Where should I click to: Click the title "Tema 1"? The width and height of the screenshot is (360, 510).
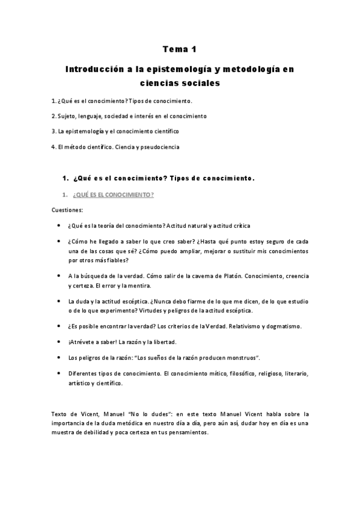tap(180, 50)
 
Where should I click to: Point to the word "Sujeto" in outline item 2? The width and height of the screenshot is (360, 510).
tap(67, 115)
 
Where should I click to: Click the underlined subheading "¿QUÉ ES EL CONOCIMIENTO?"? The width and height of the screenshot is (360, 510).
tap(113, 195)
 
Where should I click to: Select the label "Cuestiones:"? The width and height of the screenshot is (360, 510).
tap(67, 210)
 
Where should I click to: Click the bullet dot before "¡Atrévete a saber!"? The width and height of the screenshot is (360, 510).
tap(58, 342)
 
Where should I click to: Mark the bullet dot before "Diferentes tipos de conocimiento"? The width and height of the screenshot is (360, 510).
tap(58, 373)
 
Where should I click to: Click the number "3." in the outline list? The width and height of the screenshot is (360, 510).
tap(53, 131)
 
